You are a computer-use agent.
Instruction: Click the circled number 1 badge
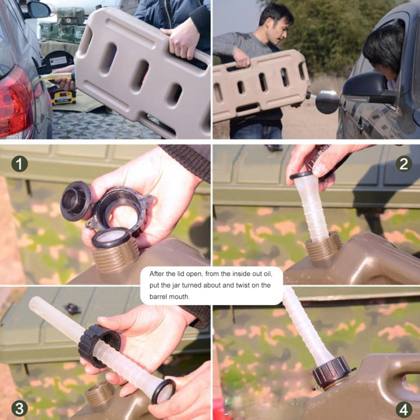tap(20, 164)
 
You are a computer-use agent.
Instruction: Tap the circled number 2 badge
tap(404, 164)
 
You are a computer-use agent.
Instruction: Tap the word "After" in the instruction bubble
tap(160, 274)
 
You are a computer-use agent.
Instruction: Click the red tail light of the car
tap(15, 101)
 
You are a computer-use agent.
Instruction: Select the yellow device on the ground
tap(63, 96)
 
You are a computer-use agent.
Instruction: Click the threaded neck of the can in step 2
tap(323, 248)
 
